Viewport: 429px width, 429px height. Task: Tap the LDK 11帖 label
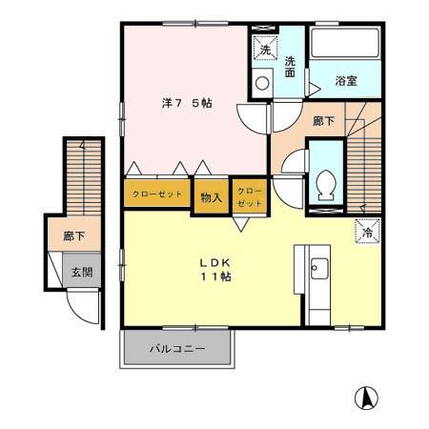215,269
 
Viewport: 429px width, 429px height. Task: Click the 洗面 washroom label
291,68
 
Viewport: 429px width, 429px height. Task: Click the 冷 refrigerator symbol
367,230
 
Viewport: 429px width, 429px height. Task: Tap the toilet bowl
325,182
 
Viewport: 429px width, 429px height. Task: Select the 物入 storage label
212,197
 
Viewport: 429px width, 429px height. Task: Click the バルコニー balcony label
176,349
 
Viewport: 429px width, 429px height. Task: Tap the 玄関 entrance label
81,273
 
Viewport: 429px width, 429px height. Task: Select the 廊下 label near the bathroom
324,122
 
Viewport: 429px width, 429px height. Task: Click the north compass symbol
365,397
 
